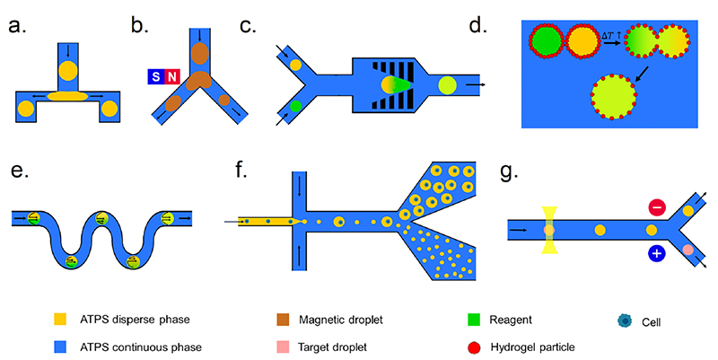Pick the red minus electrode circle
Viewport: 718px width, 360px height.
click(x=657, y=208)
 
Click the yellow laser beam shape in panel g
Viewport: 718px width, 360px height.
click(x=549, y=230)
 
